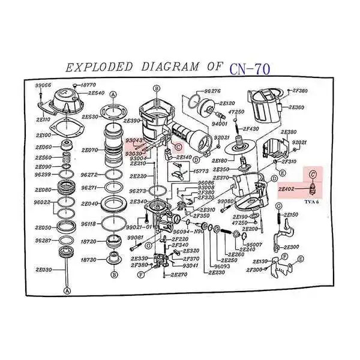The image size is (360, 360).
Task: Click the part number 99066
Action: point(43,86)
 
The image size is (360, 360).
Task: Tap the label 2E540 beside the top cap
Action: point(96,93)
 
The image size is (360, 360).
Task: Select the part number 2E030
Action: point(44,269)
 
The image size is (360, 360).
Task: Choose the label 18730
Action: point(89,260)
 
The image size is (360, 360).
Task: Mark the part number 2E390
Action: point(131,121)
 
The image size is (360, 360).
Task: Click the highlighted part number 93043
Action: point(133,140)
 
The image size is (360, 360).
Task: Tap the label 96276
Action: point(212,91)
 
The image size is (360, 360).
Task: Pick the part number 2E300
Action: point(291,247)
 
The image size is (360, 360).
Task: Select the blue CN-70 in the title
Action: point(250,68)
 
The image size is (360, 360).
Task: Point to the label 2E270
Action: point(179,275)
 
